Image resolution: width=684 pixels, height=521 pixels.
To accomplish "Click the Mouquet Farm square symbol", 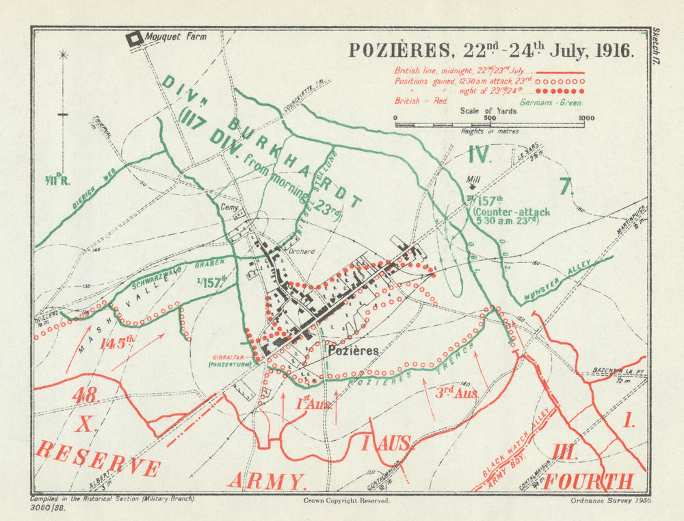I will [x=134, y=38].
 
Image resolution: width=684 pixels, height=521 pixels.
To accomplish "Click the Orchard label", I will [x=301, y=251].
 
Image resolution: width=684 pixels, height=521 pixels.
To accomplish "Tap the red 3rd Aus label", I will [x=457, y=392].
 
